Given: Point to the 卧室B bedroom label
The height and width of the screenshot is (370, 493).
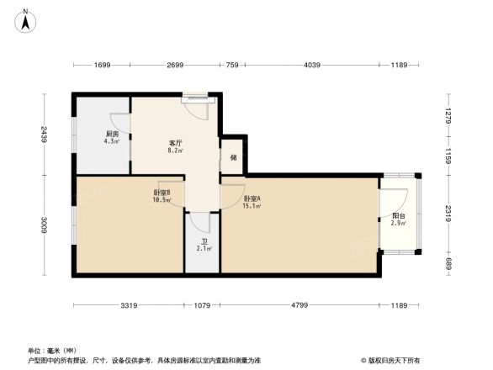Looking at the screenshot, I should click(x=162, y=196).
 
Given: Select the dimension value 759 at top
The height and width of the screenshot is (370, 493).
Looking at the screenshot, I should click(x=233, y=65).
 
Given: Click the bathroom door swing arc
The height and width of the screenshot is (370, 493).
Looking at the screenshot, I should click(x=199, y=222).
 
